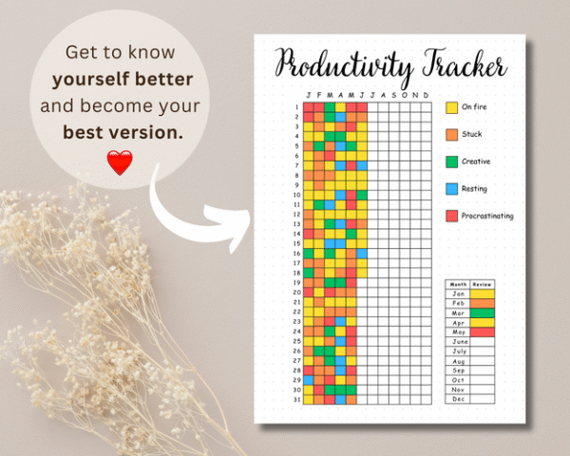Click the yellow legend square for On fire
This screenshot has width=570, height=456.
[x=451, y=107]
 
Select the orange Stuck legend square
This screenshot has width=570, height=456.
[x=451, y=135]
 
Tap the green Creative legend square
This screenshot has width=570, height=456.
[x=451, y=161]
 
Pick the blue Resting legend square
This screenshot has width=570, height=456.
[x=451, y=189]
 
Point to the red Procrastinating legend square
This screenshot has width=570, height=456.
[x=451, y=216]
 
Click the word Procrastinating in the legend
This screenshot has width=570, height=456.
[x=487, y=217]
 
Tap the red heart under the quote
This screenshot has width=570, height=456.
[x=119, y=162]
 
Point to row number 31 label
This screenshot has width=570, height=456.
[x=296, y=399]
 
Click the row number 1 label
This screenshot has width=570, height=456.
[x=296, y=106]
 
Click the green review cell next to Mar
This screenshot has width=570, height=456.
[x=484, y=312]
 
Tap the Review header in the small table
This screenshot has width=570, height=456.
[x=484, y=283]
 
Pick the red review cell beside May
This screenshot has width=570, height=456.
[x=484, y=332]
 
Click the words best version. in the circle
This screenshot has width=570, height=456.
[x=123, y=132]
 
